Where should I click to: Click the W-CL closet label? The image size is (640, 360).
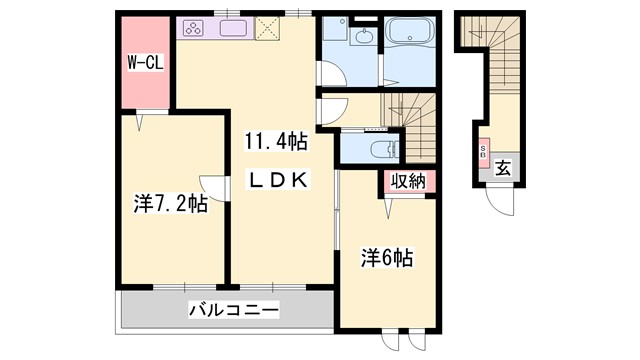coord(145,63)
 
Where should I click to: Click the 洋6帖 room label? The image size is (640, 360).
coord(386,257)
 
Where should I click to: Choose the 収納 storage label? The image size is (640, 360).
coord(408,181)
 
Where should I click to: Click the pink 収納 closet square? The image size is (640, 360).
coord(408,182)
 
